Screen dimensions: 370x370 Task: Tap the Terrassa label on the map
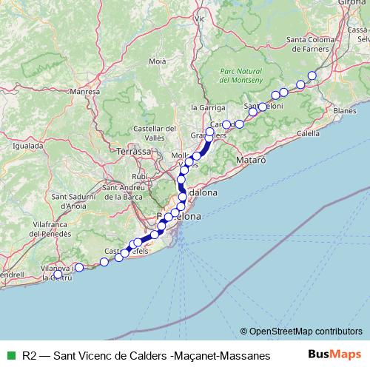pos(133,151)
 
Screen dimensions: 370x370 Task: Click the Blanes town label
pos(345,110)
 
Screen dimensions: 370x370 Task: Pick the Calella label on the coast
pos(307,133)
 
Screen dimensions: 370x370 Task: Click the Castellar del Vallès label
pos(154,132)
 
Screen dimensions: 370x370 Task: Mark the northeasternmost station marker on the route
pos(312,75)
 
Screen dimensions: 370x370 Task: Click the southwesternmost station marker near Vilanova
pos(58,275)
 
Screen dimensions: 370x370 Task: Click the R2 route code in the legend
pos(30,354)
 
